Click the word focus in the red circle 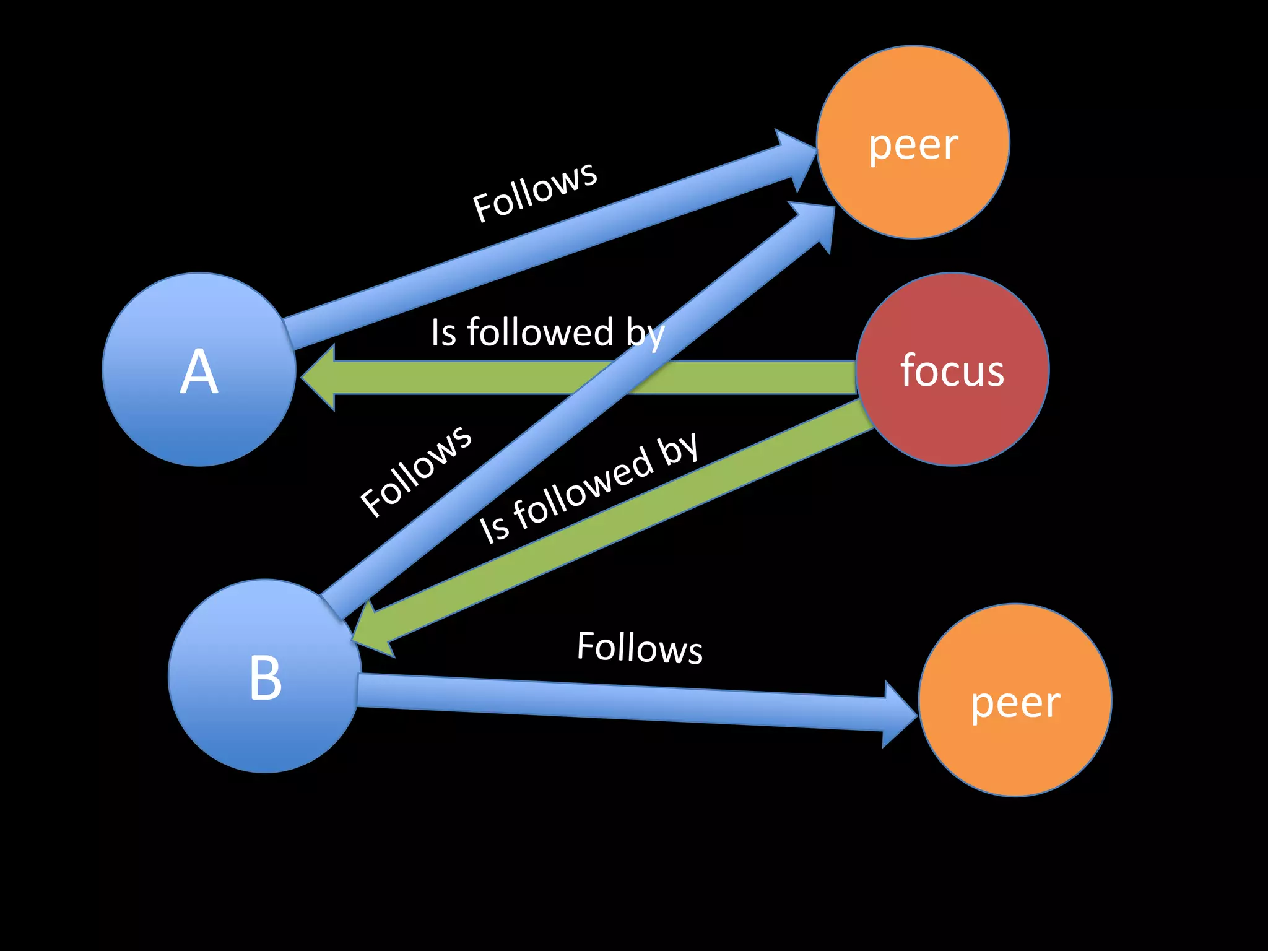[x=952, y=370]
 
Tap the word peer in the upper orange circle [x=913, y=145]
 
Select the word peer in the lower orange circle [x=1015, y=703]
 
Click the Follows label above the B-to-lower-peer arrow [x=640, y=648]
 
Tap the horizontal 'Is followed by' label [x=548, y=332]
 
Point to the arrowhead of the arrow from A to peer [x=796, y=158]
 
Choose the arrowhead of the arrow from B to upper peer [x=814, y=223]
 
